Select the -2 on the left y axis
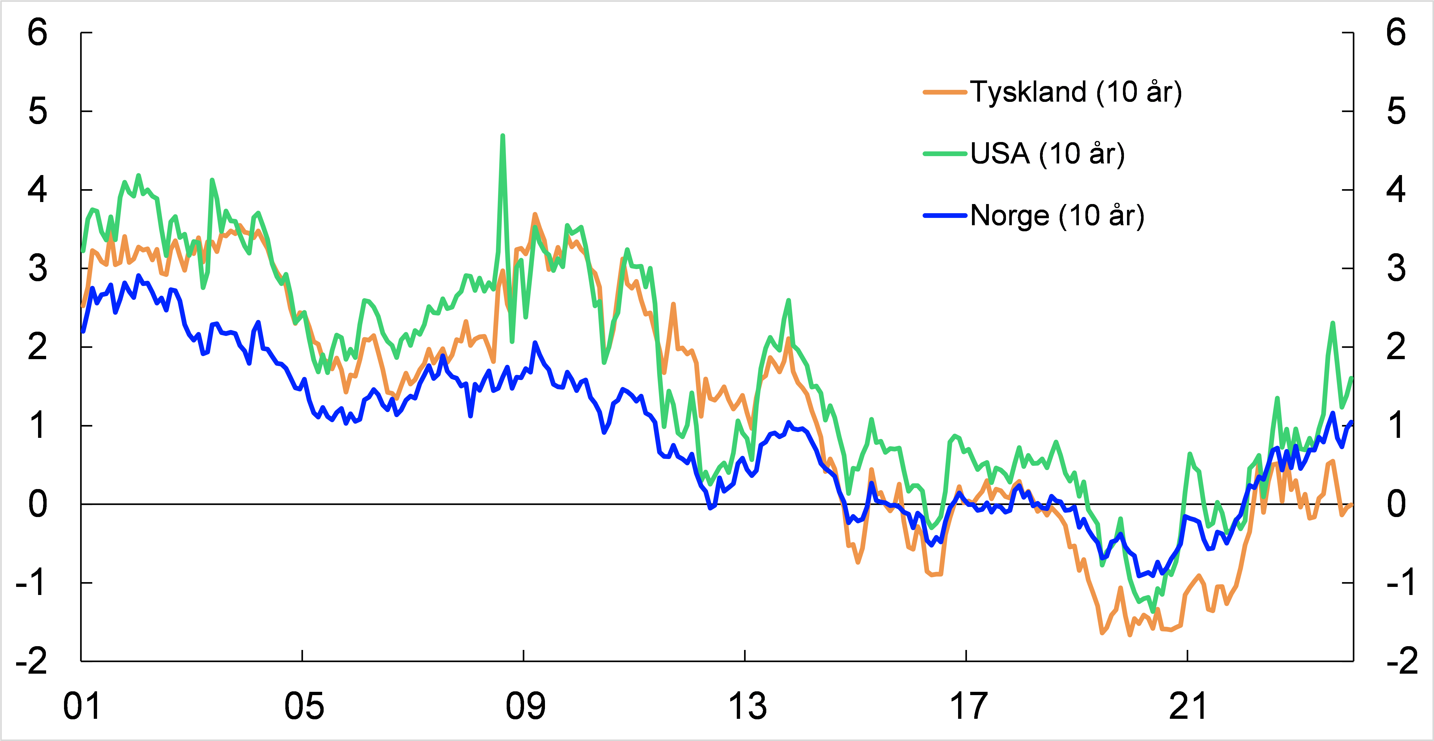click(x=32, y=661)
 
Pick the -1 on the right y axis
click(x=1400, y=583)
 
